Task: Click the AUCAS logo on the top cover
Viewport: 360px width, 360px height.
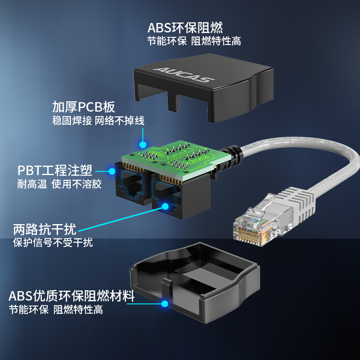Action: [184, 75]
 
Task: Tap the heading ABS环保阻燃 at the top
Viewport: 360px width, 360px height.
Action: [185, 28]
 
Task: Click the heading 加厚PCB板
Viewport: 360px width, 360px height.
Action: [84, 107]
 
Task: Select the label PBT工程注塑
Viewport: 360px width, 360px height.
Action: [55, 170]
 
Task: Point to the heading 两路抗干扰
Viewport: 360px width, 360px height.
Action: [45, 229]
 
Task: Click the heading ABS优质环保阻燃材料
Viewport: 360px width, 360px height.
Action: [72, 296]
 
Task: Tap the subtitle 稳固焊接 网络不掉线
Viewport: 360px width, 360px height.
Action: [98, 121]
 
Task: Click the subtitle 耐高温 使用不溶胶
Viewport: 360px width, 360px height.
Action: [59, 184]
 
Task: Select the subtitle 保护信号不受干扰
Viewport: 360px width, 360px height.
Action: [53, 243]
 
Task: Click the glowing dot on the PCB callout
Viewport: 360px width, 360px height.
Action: [143, 144]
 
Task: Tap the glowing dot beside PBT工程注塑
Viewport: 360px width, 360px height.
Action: [112, 171]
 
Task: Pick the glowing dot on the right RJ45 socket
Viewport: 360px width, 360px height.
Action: [165, 206]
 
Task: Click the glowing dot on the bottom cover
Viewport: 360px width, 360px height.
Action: [165, 304]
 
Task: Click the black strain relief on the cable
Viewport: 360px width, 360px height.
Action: [231, 158]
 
